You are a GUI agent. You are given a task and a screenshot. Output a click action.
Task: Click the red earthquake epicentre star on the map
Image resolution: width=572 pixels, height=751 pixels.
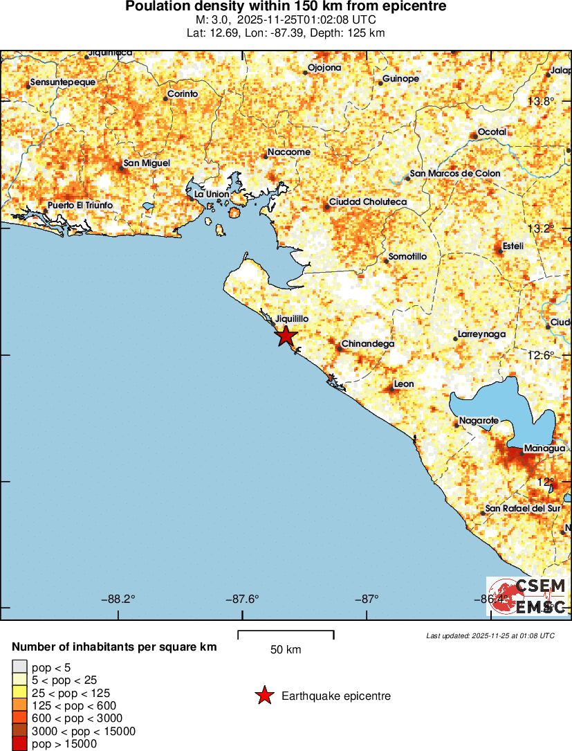[285, 336]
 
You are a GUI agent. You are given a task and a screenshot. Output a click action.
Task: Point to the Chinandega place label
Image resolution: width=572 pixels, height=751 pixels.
[368, 344]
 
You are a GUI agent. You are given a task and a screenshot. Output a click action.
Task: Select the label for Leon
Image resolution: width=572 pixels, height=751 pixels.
[403, 384]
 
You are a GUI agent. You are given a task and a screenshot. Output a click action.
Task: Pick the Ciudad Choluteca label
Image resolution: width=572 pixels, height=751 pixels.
[367, 201]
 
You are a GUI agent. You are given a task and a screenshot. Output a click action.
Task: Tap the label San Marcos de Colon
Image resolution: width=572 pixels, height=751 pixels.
[454, 173]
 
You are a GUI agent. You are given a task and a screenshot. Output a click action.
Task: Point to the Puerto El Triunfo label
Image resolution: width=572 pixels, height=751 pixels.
[80, 206]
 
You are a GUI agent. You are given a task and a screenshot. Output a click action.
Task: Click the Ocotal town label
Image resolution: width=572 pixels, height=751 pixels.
[492, 132]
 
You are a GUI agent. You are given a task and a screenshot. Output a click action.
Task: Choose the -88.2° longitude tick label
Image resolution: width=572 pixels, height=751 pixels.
[122, 599]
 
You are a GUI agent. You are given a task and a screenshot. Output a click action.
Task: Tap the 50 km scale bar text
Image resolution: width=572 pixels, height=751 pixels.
[286, 650]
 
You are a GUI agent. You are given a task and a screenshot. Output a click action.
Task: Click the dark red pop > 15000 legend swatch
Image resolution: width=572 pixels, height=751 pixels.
[19, 744]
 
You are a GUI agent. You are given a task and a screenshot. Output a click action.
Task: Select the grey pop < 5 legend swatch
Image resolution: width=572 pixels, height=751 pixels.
[19, 667]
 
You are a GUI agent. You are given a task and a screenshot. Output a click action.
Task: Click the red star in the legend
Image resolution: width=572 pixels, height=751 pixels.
[264, 696]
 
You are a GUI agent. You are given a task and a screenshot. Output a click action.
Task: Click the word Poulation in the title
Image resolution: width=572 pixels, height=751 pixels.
[156, 6]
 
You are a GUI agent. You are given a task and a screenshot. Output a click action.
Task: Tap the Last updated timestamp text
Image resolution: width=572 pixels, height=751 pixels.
[490, 635]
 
